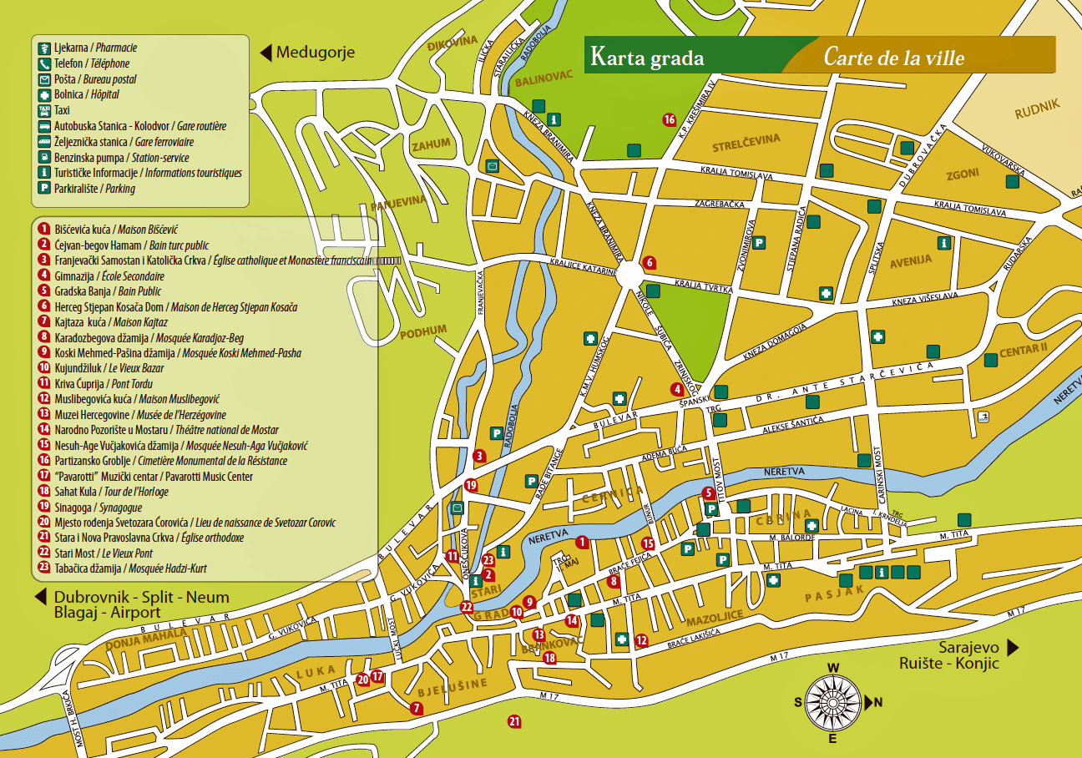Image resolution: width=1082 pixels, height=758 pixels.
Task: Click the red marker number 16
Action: (x=669, y=119)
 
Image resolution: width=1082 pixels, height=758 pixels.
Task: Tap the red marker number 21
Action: (x=514, y=721)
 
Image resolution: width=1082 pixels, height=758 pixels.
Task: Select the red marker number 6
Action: (x=649, y=261)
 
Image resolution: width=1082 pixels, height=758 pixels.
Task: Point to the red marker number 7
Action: (x=416, y=708)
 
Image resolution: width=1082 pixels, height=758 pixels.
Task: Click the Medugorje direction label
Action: (x=315, y=53)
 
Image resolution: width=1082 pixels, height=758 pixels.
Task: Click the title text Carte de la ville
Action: (x=893, y=58)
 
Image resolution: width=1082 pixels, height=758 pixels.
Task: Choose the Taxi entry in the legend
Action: (x=62, y=110)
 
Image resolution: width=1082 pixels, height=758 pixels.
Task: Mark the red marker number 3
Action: (x=479, y=456)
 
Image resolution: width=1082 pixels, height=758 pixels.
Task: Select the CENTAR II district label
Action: (x=1023, y=350)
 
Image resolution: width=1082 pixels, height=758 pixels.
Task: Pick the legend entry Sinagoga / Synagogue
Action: (x=99, y=507)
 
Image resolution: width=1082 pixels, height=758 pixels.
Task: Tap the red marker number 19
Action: (x=471, y=485)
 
